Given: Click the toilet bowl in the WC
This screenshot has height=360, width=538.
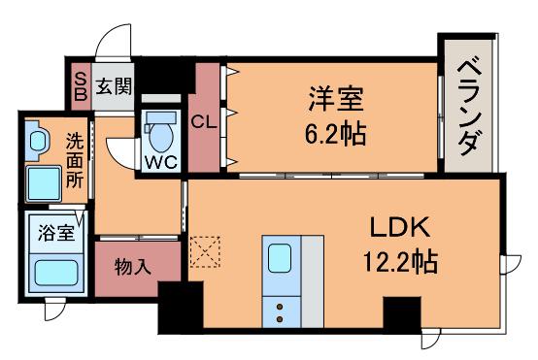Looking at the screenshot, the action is pyautogui.click(x=161, y=137).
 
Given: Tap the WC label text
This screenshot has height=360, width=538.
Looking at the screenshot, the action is pyautogui.click(x=161, y=162).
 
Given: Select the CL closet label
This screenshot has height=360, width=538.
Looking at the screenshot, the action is pyautogui.click(x=204, y=121).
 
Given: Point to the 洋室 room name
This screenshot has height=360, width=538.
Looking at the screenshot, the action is pyautogui.click(x=336, y=99).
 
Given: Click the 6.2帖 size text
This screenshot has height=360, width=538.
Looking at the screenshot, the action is pyautogui.click(x=335, y=134).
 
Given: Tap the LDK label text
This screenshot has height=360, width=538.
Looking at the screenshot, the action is pyautogui.click(x=400, y=227).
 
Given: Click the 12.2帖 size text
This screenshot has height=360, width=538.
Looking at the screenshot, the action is pyautogui.click(x=400, y=262).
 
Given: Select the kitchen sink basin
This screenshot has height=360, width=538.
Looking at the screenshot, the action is pyautogui.click(x=280, y=258).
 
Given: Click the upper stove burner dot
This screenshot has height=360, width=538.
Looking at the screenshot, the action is pyautogui.click(x=280, y=307).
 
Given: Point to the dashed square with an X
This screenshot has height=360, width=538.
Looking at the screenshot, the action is pyautogui.click(x=205, y=251).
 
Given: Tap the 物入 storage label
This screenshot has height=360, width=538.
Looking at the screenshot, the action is pyautogui.click(x=133, y=267).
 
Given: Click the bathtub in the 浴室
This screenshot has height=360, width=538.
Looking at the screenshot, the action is pyautogui.click(x=56, y=273).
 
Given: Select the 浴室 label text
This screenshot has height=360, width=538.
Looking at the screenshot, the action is pyautogui.click(x=56, y=232).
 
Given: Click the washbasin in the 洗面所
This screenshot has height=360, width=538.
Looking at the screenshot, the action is pyautogui.click(x=38, y=142).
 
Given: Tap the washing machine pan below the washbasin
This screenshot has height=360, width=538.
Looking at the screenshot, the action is pyautogui.click(x=44, y=183).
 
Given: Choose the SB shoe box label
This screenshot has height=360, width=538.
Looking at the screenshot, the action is pyautogui.click(x=81, y=86).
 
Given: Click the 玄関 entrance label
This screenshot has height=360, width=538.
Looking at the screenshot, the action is pyautogui.click(x=114, y=86).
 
